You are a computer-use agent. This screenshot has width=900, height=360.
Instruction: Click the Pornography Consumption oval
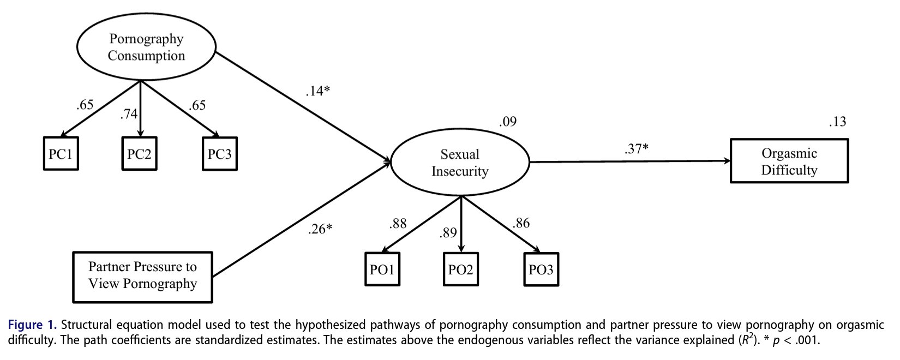tap(146, 47)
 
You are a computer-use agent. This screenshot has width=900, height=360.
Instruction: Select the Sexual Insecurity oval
tap(460, 163)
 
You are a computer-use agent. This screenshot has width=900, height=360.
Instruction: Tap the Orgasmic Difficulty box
tap(789, 161)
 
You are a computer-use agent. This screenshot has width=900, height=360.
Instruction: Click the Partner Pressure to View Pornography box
tap(143, 276)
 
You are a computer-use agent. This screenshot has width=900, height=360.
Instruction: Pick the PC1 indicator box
tap(61, 154)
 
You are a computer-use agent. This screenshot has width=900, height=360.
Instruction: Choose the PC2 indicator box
tap(139, 154)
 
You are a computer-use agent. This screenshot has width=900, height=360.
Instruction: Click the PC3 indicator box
tap(219, 154)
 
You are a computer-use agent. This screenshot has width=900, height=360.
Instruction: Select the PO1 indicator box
tap(382, 269)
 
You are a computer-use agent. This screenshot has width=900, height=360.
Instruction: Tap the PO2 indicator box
tap(461, 269)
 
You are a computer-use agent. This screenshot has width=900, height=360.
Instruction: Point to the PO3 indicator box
tap(541, 269)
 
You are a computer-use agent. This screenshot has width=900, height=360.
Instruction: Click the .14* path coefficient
tap(317, 91)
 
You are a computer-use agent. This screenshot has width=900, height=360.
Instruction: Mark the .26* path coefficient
tap(320, 229)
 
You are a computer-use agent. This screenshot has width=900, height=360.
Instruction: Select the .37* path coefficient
tap(636, 148)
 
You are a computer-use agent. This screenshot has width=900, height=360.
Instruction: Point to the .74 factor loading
tap(129, 113)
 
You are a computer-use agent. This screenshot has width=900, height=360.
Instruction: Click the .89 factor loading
tap(448, 233)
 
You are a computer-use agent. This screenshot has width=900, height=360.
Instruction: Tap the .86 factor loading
tap(521, 223)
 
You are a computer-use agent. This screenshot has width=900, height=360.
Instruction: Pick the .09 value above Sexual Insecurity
tap(507, 121)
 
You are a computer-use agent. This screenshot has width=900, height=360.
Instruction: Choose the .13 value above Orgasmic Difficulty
tap(837, 121)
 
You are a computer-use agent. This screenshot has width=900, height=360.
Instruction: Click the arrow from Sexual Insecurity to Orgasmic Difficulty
tap(630, 161)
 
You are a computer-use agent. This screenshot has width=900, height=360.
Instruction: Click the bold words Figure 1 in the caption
tap(32, 325)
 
